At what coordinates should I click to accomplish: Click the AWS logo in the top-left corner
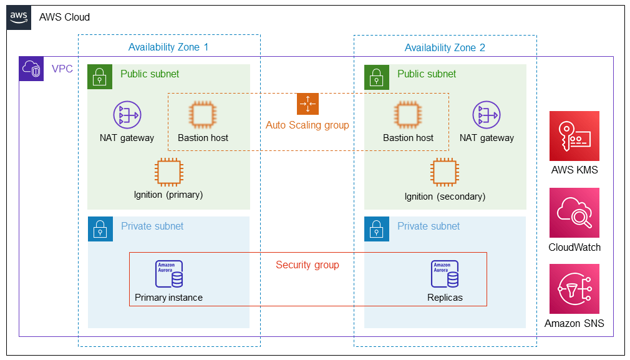(x=18, y=17)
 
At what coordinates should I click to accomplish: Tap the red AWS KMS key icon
(x=574, y=136)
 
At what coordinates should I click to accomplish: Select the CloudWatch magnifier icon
(x=574, y=213)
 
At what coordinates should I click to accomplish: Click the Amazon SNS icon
(x=574, y=289)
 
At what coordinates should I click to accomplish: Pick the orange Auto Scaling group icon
(x=308, y=104)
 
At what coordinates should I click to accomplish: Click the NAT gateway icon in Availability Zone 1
(x=127, y=115)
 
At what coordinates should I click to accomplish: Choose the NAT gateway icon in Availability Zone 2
(x=487, y=115)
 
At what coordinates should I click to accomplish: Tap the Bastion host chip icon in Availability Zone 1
(x=203, y=115)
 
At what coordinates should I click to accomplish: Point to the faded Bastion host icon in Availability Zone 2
(x=408, y=115)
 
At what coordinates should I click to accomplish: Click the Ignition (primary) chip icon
(x=168, y=172)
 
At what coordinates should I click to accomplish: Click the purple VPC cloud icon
(x=31, y=69)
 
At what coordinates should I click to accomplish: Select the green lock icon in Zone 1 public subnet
(x=100, y=77)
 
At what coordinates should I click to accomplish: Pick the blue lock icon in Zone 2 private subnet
(x=376, y=229)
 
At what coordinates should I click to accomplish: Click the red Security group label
(x=308, y=265)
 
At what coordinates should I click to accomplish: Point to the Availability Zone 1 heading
(x=168, y=47)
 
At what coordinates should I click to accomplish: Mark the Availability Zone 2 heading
(x=445, y=48)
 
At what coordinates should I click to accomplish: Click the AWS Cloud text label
(x=64, y=17)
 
